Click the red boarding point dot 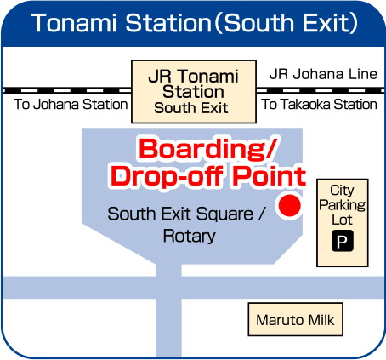coord(289,206)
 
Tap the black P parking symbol coord(343,241)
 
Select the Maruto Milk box coord(296,319)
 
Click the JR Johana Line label coord(323,74)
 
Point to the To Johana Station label coord(71,104)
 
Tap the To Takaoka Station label coord(319,104)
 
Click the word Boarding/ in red coord(207,150)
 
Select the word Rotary coord(190,237)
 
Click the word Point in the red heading coord(270,176)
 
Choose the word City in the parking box coord(342,190)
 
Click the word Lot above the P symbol coord(342,220)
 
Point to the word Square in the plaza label coord(224,214)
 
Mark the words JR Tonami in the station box coord(193,76)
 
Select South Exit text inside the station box coord(191,108)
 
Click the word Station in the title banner coord(168,23)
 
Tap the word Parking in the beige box coord(343,205)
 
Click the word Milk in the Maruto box coord(321,320)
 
